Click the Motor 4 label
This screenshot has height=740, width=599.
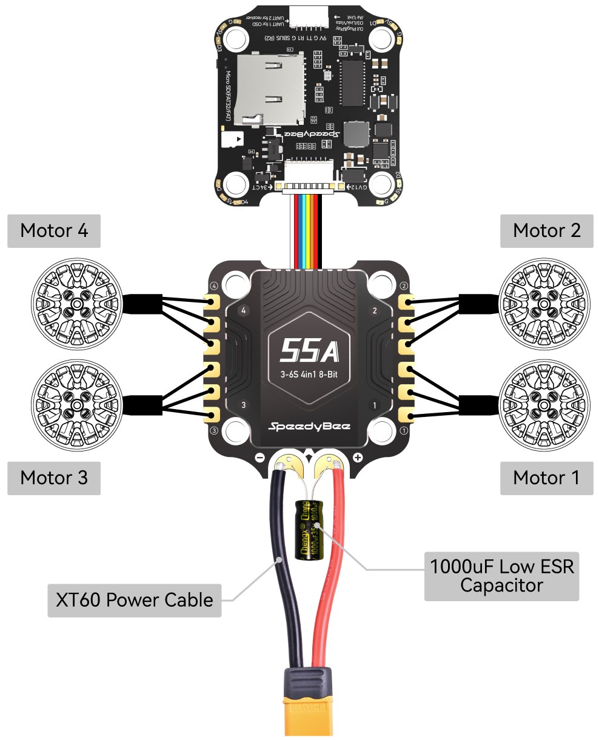point(54,231)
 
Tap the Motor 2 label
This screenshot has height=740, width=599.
point(546,231)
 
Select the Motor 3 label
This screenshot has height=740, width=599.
point(54,478)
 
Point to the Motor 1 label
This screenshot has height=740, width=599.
point(546,478)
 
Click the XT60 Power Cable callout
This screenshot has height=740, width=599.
point(134,600)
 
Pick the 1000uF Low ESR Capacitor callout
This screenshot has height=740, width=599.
point(501,576)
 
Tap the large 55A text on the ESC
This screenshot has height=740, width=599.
point(309,350)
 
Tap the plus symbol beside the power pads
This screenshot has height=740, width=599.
point(357,458)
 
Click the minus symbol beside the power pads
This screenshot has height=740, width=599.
point(260,458)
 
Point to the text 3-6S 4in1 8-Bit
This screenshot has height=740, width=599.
point(309,374)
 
